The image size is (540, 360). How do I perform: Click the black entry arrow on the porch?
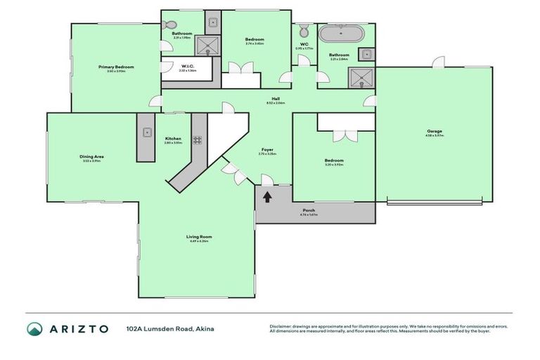267,196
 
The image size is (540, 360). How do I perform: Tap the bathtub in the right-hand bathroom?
340,33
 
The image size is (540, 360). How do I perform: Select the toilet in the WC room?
304,32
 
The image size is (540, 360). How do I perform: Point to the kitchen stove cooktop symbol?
198,140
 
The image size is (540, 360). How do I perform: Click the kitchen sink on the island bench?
147,131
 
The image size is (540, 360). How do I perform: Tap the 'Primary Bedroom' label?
115,67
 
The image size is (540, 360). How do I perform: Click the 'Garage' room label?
434,131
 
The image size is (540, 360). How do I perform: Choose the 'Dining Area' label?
91,157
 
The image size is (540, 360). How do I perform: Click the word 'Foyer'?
268,150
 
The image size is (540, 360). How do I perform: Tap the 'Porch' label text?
308,210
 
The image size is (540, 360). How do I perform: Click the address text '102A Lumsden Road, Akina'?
169,328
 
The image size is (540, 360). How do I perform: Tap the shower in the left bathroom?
207,46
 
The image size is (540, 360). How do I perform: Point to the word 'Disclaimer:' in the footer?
281,326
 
